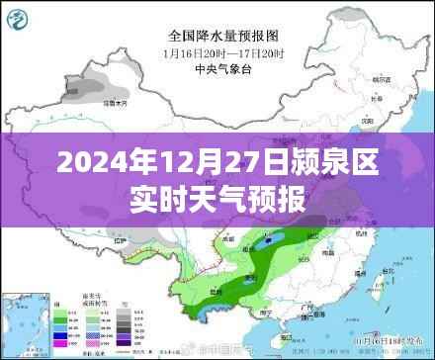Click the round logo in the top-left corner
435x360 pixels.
coord(24,17)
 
